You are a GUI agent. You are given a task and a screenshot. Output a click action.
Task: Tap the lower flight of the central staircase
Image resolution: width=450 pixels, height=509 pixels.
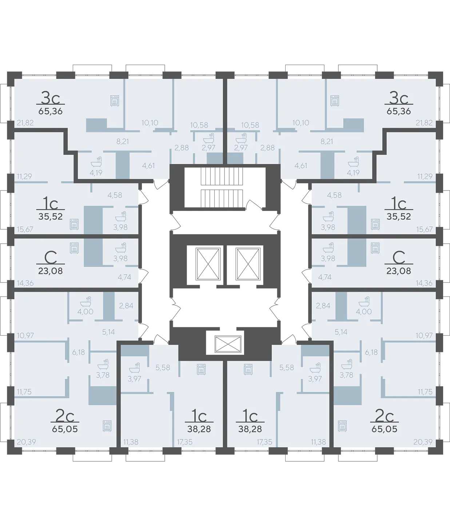coord(222,199)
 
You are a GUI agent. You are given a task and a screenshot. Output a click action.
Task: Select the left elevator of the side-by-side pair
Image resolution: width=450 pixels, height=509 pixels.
coord(208,264)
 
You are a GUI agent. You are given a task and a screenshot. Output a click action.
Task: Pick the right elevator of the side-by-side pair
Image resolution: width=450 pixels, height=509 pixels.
coord(248,264)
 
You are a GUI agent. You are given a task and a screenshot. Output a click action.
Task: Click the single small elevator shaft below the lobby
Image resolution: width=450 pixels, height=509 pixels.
coord(228,344)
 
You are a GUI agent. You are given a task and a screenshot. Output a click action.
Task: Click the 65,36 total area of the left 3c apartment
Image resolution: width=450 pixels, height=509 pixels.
coord(50,111)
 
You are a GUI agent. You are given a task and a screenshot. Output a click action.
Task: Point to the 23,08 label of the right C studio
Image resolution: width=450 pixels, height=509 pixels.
coord(399,271)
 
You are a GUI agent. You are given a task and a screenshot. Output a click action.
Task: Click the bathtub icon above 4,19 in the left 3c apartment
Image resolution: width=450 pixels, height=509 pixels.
coord(96,162)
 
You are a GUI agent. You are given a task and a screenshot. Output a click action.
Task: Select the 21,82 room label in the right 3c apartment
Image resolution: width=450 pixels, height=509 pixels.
coord(424,123)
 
